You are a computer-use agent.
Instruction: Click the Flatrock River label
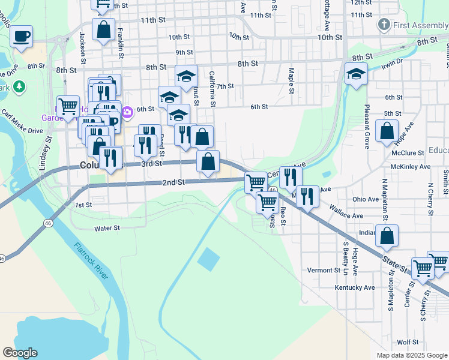coord(92,261)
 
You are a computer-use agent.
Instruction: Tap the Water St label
coord(107,228)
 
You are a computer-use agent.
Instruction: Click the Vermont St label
coord(324,271)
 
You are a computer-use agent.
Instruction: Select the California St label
coord(212,88)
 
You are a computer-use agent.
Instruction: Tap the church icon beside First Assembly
coord(384,25)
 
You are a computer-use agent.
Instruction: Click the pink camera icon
coord(127,112)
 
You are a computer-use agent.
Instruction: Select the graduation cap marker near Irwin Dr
coord(356,74)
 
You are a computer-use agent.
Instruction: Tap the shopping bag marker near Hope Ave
coord(387,130)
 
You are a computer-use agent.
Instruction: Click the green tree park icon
coord(19,86)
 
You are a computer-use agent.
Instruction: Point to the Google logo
coord(20,353)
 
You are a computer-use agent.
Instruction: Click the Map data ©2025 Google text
coord(412,355)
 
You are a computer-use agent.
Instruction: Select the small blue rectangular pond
coord(208,258)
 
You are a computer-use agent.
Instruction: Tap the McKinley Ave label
coord(410,166)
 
